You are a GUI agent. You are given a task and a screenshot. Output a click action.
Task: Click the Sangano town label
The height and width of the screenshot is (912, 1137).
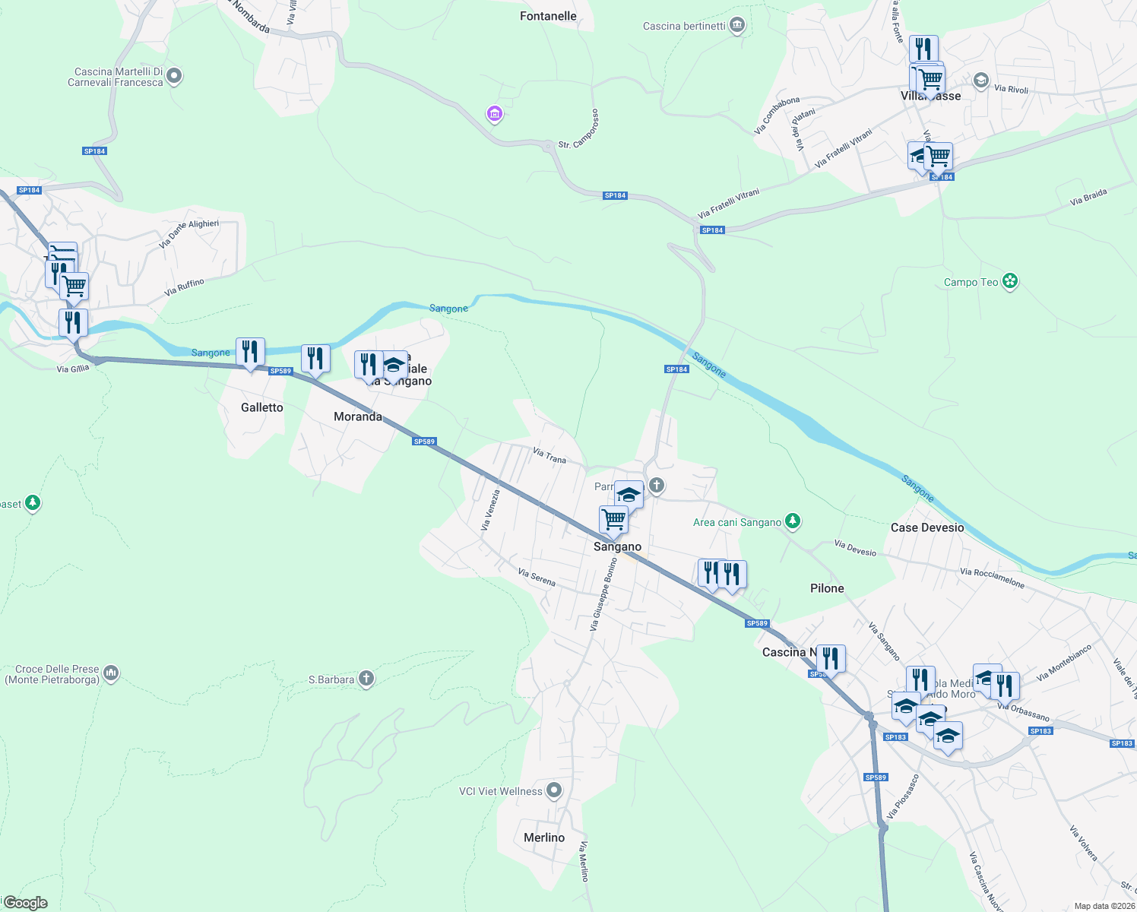point(617,546)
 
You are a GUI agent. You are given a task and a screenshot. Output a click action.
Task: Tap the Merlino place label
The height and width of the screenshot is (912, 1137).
point(544,838)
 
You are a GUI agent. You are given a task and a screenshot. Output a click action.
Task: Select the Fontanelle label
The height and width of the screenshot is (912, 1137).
point(548,16)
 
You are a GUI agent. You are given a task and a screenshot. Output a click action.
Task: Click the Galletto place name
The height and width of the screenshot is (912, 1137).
point(262,407)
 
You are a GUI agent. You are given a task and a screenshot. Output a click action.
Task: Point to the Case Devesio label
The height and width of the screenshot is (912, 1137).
point(927,527)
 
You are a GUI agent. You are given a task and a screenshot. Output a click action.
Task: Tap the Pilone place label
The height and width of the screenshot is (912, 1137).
point(827,588)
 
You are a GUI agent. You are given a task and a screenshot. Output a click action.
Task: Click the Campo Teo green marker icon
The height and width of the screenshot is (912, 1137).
point(1010,282)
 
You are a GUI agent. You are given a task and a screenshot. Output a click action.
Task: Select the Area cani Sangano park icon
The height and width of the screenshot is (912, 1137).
point(793,521)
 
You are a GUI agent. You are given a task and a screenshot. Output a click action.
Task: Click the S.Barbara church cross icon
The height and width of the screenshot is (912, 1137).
point(366,679)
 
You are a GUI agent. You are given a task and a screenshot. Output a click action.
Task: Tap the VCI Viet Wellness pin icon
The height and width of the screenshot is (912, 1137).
point(554,791)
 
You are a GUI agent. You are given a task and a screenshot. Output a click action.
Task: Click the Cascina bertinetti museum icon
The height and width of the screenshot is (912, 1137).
point(737,26)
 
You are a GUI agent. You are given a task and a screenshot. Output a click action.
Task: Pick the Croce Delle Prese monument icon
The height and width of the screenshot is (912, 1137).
point(111,673)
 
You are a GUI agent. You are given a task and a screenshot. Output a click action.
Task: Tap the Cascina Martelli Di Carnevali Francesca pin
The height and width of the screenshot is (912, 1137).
point(174,76)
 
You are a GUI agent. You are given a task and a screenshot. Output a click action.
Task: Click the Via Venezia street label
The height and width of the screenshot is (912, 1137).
point(490,509)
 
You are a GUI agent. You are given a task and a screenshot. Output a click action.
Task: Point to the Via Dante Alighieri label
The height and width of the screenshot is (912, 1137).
point(189,234)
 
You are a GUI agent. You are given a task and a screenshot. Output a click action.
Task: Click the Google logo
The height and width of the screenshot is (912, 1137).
point(26,903)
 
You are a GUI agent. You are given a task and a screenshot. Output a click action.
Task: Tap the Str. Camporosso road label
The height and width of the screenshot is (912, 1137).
point(579,128)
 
